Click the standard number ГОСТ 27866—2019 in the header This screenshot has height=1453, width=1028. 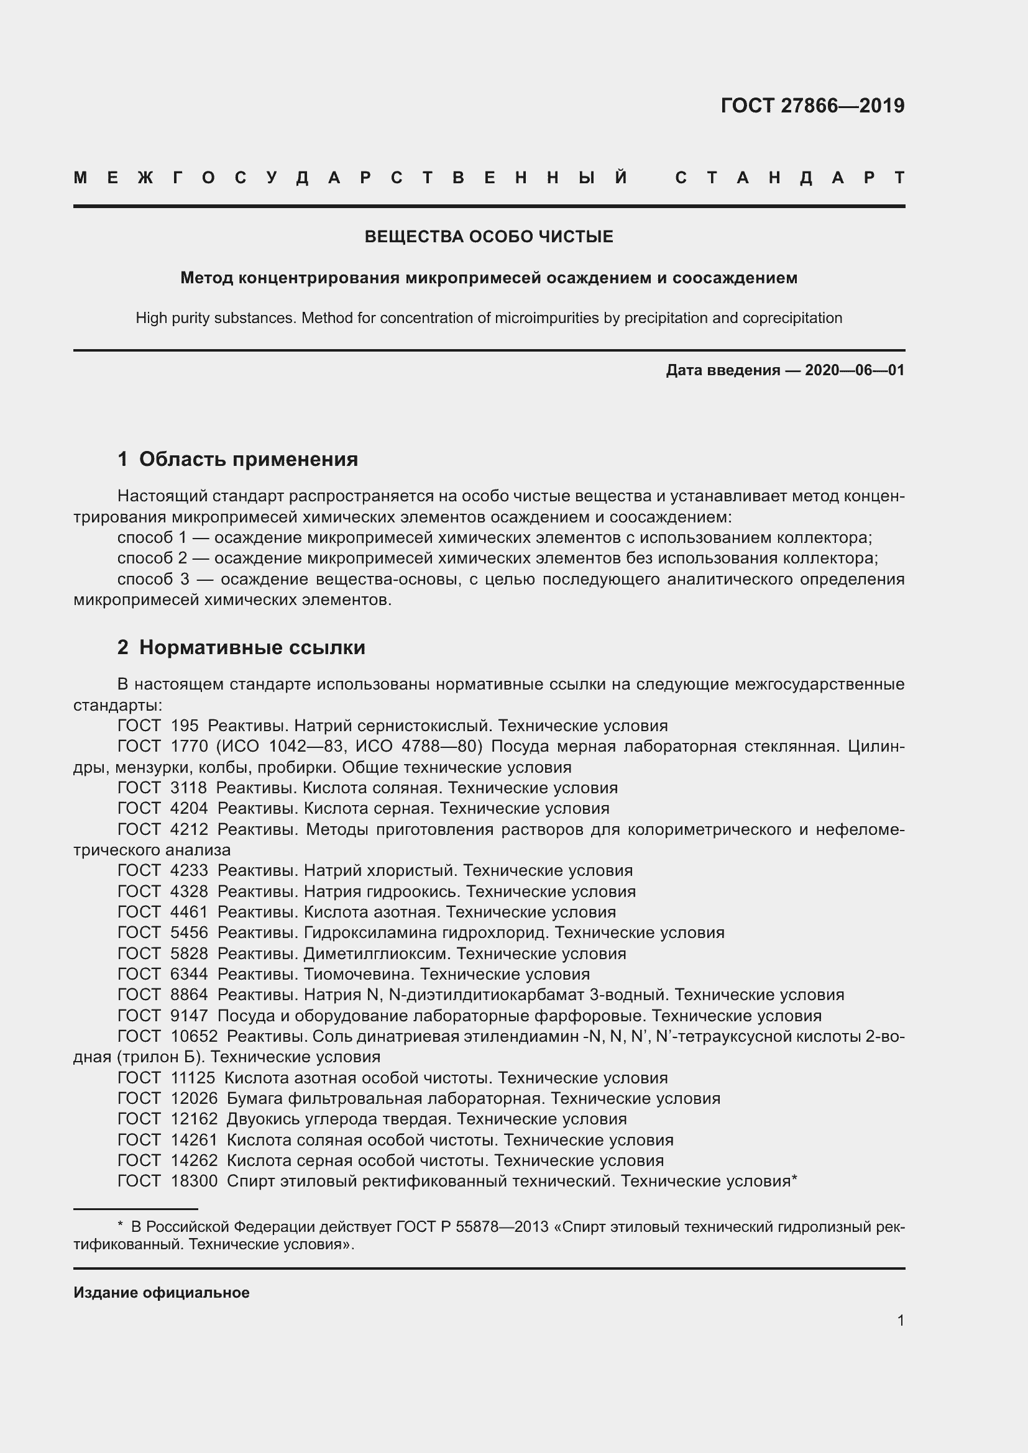pos(812,106)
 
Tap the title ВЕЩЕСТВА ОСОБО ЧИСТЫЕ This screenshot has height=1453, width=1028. pos(489,237)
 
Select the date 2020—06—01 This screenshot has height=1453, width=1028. pos(855,370)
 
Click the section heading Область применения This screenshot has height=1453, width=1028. pos(248,459)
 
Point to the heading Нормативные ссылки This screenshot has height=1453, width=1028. pos(252,647)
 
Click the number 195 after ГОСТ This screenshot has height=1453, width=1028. pos(184,726)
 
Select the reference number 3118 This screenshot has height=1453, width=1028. pos(189,788)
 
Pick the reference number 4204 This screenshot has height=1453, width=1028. pos(189,809)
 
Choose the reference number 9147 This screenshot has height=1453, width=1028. pos(189,1016)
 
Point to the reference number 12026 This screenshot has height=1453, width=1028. pos(194,1099)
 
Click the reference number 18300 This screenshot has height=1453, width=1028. pos(194,1182)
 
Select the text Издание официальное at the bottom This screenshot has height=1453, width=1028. pos(162,1293)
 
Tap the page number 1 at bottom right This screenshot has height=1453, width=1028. pos(900,1320)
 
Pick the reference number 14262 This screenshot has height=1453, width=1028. pos(194,1160)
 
